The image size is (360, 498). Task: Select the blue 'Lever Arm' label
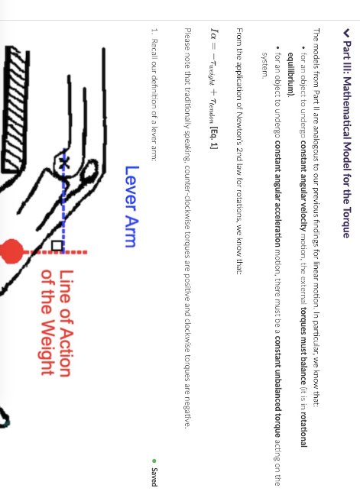[131, 205]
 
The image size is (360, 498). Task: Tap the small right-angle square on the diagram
[57, 246]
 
